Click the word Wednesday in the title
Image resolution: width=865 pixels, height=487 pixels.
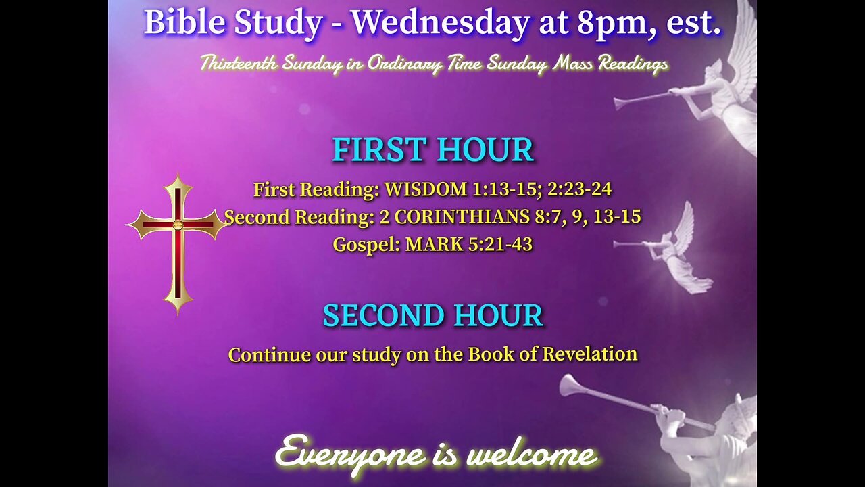point(439,23)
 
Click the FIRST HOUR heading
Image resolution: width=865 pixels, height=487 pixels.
point(432,150)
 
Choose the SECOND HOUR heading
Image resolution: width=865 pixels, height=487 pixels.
point(432,315)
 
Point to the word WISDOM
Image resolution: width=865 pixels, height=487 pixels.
point(426,190)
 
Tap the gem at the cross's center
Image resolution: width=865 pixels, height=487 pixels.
point(178,225)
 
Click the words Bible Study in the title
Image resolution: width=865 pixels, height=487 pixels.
point(233,23)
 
